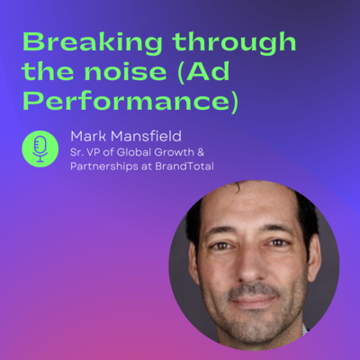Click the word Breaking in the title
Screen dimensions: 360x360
coord(93,42)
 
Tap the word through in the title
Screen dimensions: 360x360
coord(234,42)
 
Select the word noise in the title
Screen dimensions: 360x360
coord(125,71)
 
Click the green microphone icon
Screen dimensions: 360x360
coord(40,148)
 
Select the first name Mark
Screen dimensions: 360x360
coord(88,137)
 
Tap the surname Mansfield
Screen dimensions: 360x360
coord(146,137)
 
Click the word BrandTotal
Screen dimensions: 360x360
coord(184,166)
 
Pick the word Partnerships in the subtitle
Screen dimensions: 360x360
coord(104,166)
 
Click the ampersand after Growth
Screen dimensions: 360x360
coord(201,152)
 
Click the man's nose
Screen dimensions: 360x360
coord(250,264)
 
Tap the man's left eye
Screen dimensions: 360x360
coord(278,242)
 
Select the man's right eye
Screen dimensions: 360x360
coord(222,246)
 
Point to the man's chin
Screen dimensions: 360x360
coord(255,327)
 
